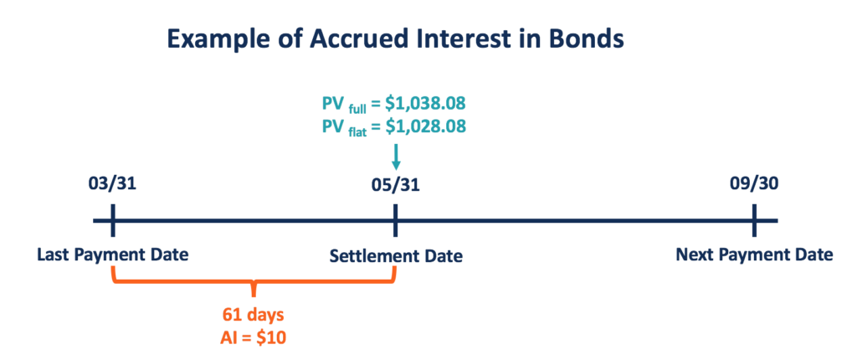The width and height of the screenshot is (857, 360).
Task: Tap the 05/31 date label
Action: click(x=396, y=185)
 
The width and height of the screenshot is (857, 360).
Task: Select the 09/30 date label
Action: click(x=754, y=185)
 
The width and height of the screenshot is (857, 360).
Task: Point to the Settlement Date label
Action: click(x=395, y=255)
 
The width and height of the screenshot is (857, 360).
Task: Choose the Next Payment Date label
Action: click(x=754, y=255)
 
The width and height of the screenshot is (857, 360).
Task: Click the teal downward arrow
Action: click(x=396, y=158)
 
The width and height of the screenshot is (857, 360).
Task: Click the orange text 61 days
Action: click(x=254, y=315)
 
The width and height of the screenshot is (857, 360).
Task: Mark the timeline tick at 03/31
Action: click(x=113, y=222)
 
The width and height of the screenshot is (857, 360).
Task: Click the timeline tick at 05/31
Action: click(x=396, y=222)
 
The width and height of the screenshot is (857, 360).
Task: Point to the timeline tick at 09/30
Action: click(x=754, y=222)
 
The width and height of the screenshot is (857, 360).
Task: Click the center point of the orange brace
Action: click(x=254, y=290)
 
